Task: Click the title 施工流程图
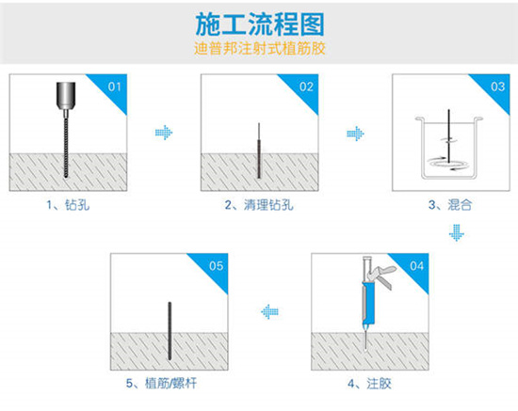(259, 22)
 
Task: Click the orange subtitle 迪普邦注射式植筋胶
(259, 46)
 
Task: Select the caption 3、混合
(447, 204)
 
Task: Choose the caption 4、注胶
(367, 383)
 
